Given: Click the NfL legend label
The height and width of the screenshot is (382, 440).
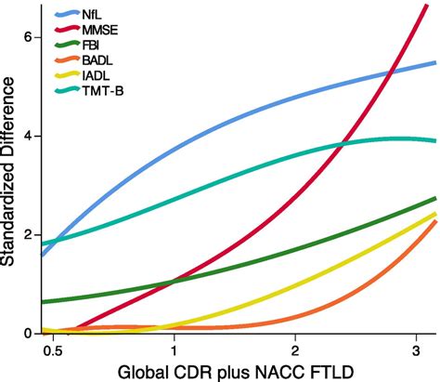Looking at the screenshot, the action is click(92, 14).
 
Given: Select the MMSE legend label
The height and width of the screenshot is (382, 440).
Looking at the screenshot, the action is click(100, 30).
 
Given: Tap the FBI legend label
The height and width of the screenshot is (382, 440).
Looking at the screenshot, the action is click(91, 46).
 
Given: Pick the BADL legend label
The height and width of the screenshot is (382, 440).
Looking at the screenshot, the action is click(97, 60).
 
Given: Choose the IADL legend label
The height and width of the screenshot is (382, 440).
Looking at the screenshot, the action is click(96, 75).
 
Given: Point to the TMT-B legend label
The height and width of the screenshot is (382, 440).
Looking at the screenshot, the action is click(103, 91).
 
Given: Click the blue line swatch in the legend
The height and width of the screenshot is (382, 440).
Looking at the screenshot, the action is click(67, 13).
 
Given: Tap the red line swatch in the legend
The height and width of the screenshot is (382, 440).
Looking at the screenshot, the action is click(67, 29).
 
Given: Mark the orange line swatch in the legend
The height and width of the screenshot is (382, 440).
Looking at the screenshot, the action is click(67, 59).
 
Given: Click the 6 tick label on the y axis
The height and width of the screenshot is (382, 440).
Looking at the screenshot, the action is click(29, 37).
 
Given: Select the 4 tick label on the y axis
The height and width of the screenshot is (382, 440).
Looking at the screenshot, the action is click(29, 137).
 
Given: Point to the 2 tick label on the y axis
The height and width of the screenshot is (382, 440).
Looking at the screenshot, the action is click(29, 235).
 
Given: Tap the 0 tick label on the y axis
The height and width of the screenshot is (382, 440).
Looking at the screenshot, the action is click(29, 334).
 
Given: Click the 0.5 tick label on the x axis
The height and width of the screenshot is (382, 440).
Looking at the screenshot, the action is click(53, 351).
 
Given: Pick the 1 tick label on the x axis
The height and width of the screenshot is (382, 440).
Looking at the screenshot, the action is click(174, 351).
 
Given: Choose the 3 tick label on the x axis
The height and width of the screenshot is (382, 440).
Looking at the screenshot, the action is click(416, 351).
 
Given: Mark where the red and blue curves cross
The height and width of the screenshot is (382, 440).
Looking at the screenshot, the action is click(391, 72).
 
